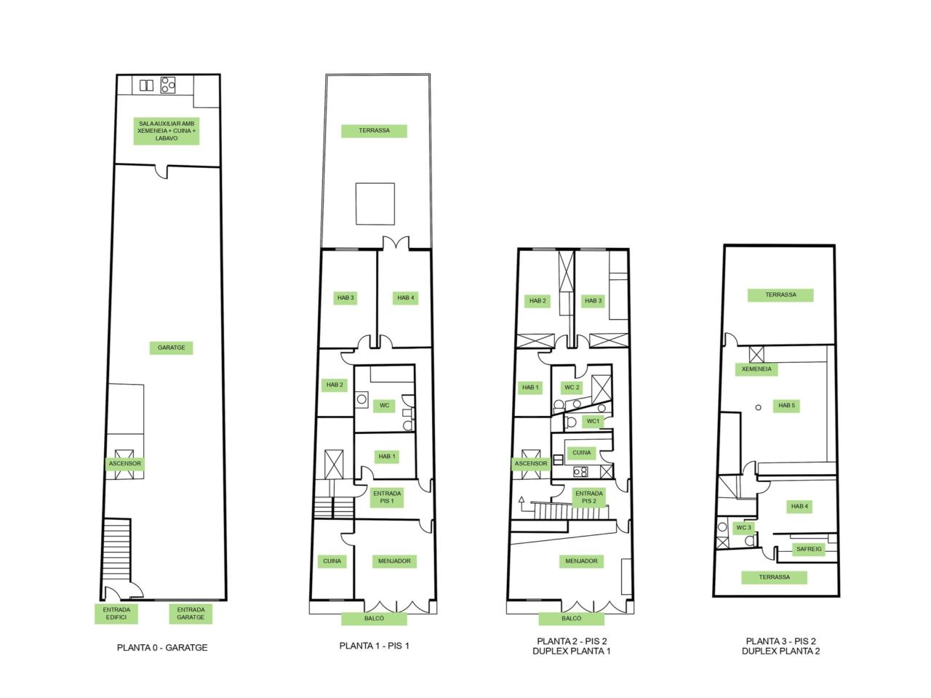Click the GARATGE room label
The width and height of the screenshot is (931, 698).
[171, 348]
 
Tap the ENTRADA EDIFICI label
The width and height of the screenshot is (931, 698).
[116, 613]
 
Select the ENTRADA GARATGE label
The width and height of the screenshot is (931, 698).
[191, 613]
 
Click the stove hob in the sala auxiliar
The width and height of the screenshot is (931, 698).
[168, 85]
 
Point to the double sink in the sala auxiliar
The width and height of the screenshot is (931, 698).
[146, 85]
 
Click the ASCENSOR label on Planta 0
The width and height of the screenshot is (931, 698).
[124, 464]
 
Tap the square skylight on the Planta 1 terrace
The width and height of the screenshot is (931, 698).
[375, 204]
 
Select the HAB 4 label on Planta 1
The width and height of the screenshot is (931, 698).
[405, 298]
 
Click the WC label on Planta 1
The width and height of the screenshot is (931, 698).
[384, 406]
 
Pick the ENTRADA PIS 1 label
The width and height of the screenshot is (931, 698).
[387, 497]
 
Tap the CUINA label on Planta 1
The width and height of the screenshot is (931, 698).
[332, 561]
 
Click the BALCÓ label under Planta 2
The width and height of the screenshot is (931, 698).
[571, 618]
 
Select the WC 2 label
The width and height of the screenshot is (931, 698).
[572, 388]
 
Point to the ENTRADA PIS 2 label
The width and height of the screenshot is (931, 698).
[588, 497]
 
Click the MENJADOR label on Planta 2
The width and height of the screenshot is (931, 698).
[581, 561]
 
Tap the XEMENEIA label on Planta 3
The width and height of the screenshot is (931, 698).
[756, 369]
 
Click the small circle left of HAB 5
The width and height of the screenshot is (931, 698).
[759, 408]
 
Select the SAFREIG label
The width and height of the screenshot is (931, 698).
[809, 549]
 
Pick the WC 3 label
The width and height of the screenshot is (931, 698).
[743, 528]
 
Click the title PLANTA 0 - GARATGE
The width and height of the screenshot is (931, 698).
[162, 648]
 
